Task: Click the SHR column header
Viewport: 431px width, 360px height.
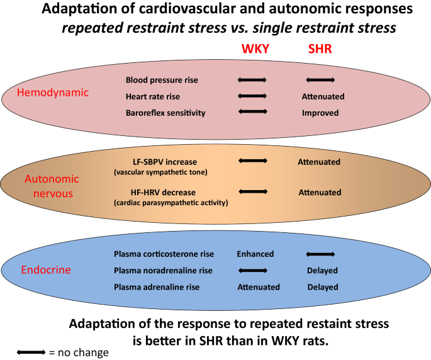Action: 319,49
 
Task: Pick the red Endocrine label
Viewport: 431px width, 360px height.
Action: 47,271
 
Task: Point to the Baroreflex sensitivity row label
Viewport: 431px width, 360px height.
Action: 165,113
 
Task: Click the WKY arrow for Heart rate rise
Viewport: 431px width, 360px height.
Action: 253,96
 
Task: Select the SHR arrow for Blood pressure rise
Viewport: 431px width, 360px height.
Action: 320,81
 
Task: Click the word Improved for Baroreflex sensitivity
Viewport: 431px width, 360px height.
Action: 320,113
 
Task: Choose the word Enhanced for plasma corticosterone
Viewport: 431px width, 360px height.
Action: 255,254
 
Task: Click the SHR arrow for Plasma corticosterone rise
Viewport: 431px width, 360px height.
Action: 320,254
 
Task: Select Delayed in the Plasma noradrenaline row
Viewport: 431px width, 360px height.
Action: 322,271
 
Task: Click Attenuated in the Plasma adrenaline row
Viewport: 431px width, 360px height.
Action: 258,287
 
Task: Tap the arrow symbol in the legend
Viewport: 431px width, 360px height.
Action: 31,352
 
